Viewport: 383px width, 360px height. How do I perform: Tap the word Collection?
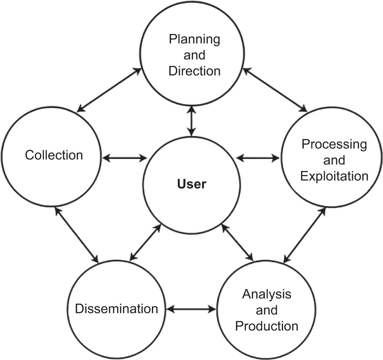(54, 155)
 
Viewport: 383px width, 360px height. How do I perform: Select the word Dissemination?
(117, 309)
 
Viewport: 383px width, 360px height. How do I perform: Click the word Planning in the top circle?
(194, 40)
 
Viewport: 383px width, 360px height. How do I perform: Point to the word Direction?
(194, 71)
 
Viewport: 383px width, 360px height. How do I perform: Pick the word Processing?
(334, 144)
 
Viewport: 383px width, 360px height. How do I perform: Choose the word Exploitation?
(334, 176)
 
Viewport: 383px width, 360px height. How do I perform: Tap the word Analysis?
(267, 294)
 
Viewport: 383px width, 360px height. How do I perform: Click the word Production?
(267, 326)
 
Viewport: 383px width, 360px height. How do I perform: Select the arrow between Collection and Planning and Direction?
(109, 90)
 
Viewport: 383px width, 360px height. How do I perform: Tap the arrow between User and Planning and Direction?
(192, 120)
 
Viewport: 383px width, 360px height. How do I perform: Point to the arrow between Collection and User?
(125, 158)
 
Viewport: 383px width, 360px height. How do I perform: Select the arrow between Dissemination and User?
(146, 243)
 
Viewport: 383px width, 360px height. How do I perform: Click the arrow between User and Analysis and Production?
(237, 243)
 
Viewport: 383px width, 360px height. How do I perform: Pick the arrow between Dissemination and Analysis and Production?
(191, 309)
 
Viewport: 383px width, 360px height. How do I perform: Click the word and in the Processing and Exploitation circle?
(334, 160)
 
